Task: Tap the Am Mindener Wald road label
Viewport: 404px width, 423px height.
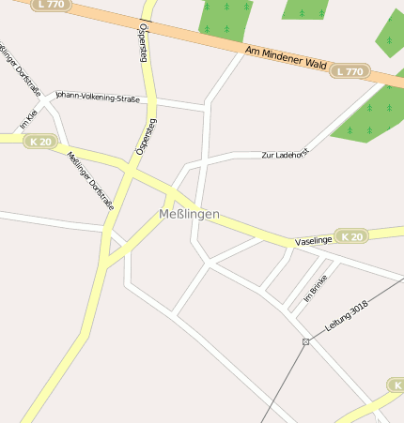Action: coord(285,59)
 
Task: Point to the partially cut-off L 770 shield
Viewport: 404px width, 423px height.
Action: coord(53,5)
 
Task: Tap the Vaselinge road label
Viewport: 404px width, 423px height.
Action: coord(314,241)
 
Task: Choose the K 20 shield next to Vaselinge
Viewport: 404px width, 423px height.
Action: coord(351,237)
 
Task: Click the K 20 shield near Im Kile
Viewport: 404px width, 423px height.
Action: coord(40,141)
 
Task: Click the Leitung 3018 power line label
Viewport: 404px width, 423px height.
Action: coord(349,320)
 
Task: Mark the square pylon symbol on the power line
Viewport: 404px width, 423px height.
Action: coord(306,341)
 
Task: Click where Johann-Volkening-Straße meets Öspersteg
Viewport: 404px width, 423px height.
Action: coord(151,98)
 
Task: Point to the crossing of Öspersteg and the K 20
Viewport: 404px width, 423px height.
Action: coord(131,170)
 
